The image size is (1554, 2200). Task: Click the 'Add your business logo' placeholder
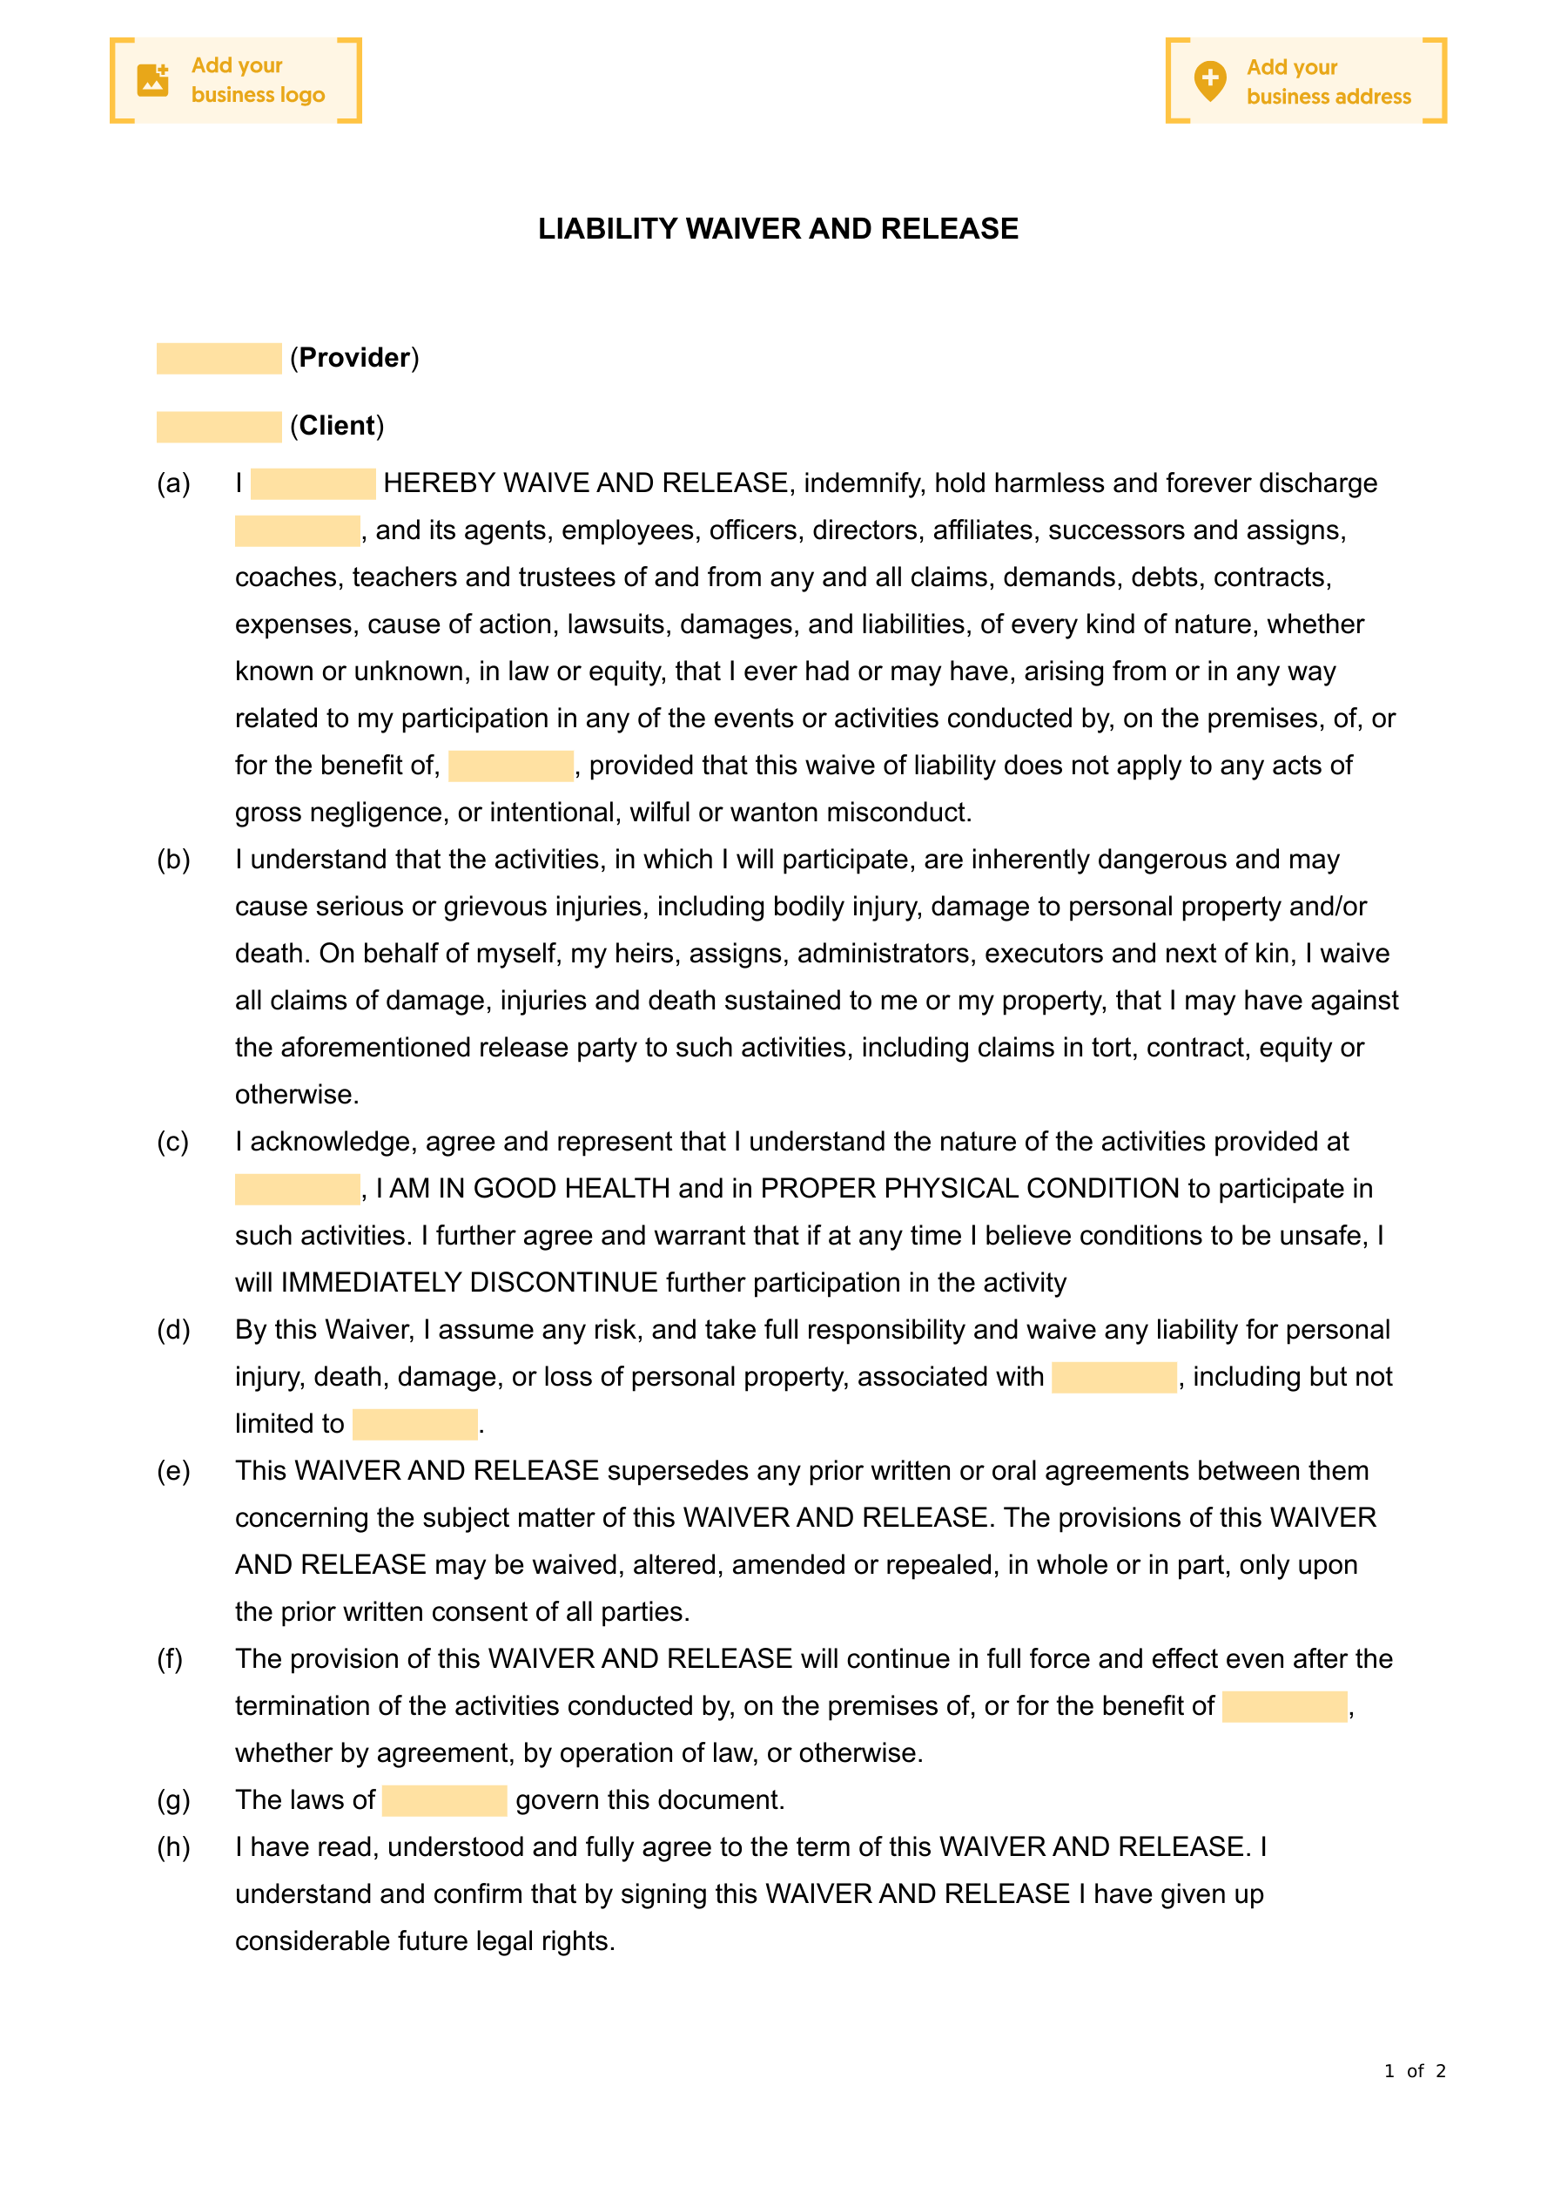236,80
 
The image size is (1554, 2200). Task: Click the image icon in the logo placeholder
153,80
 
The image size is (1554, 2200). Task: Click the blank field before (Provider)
219,358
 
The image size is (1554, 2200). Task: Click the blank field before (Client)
219,427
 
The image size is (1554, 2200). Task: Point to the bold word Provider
354,358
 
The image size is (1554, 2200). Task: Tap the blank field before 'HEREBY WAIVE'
313,484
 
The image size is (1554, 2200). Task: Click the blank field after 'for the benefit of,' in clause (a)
511,766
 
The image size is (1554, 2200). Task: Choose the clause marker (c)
173,1141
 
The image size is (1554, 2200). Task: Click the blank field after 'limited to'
415,1424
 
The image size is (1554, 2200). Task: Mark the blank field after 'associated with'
1113,1377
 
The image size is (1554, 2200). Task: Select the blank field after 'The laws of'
445,1800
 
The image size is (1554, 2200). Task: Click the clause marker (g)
173,1800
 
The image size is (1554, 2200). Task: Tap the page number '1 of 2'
1414,2070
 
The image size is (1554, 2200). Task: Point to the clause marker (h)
173,1847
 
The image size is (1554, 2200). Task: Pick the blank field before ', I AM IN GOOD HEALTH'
297,1189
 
